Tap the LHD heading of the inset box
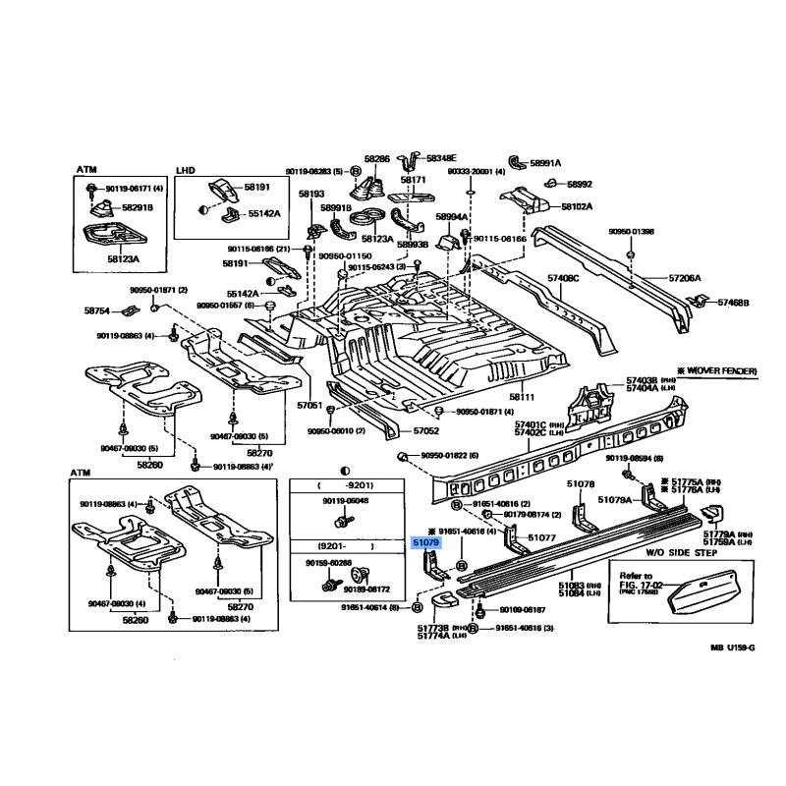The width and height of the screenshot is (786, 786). tap(186, 170)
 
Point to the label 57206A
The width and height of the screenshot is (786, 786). tap(685, 278)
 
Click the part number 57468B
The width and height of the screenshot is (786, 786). tap(733, 303)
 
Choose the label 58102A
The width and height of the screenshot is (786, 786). tap(577, 207)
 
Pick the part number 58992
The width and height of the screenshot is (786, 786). tap(581, 184)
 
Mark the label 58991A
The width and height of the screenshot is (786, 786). tap(545, 163)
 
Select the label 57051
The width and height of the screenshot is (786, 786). tap(309, 405)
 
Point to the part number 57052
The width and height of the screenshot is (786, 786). tap(425, 430)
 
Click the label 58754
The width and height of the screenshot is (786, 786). tap(97, 310)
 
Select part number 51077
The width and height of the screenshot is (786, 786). tap(542, 537)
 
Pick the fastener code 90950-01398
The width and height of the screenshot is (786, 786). tap(631, 232)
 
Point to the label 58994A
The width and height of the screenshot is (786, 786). tap(452, 217)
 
